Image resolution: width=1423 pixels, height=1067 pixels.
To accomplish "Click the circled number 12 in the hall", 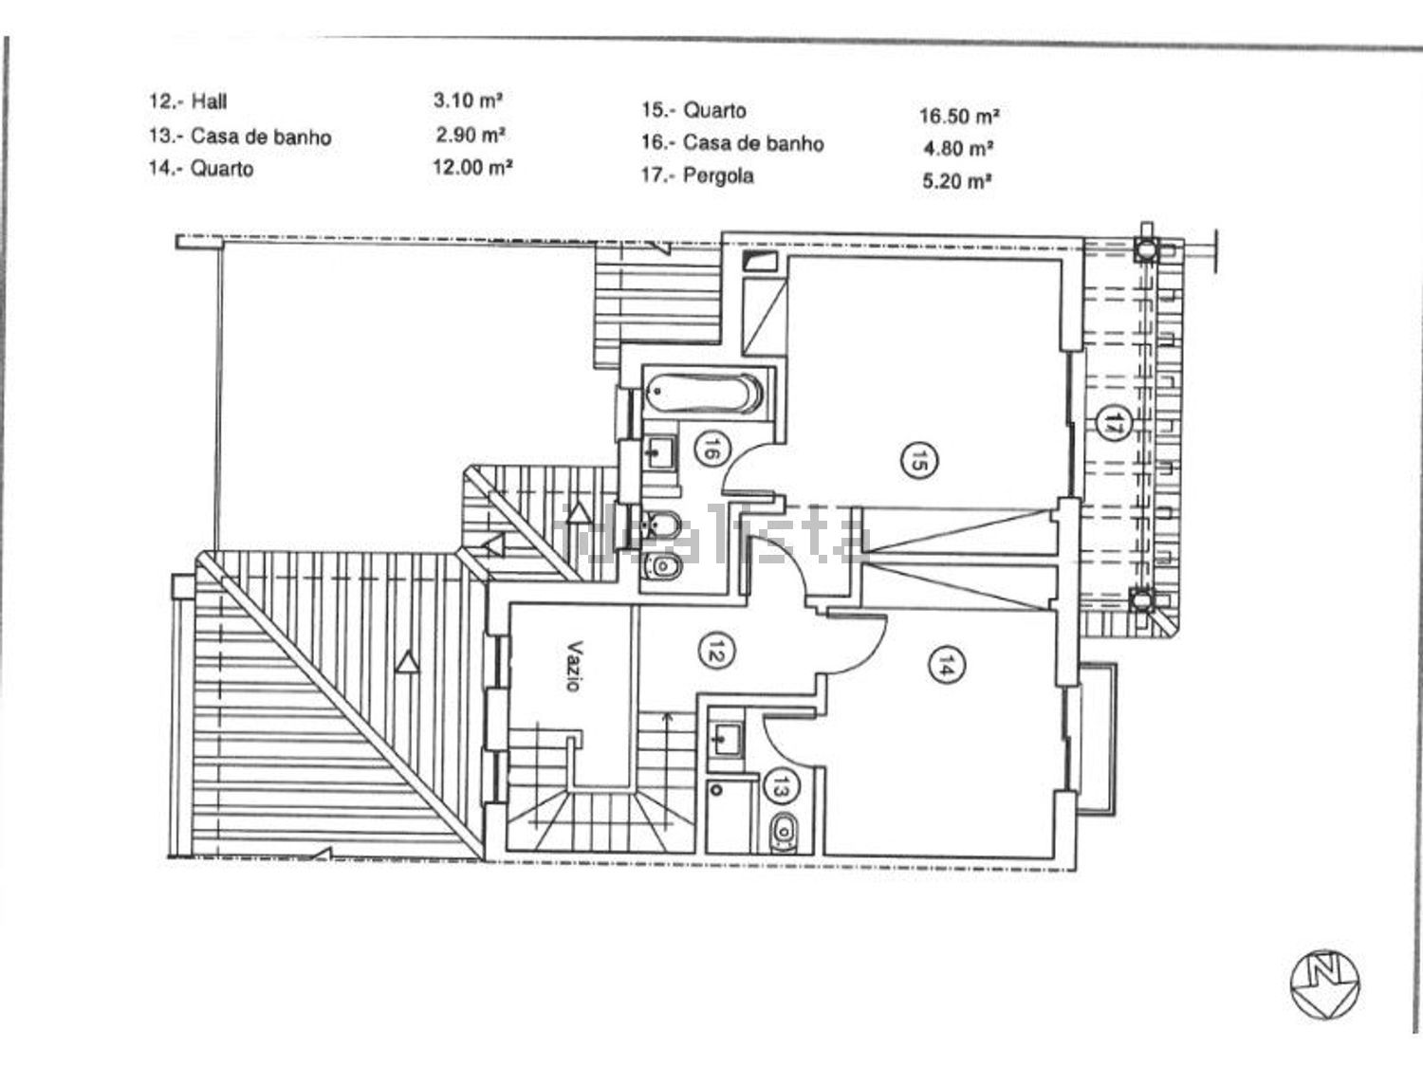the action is pos(715,653).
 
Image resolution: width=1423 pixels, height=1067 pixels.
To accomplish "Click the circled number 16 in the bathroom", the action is pos(711,449).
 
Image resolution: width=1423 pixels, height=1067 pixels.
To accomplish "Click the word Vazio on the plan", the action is pos(574,667).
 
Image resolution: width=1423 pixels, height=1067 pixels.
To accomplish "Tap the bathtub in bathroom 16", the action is pos(703,393).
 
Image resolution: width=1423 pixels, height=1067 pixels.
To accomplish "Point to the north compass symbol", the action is pos(1325,984).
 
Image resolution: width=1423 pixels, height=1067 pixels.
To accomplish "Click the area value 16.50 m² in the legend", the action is pos(959,117).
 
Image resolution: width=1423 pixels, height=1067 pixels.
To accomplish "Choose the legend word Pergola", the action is pos(718,176).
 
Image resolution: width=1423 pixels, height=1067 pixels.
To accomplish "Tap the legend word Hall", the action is pos(209,101).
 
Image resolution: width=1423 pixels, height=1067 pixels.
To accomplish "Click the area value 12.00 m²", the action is pos(472,168).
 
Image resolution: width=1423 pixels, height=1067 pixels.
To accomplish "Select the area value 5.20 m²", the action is pos(957,181).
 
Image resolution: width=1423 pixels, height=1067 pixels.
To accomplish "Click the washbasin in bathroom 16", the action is pos(659,451).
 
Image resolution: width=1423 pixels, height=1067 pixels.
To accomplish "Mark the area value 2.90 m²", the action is pos(471,135).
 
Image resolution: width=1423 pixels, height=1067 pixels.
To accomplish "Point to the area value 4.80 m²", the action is pos(958,149).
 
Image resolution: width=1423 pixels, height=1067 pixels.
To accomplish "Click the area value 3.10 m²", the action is pos(468,101).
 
